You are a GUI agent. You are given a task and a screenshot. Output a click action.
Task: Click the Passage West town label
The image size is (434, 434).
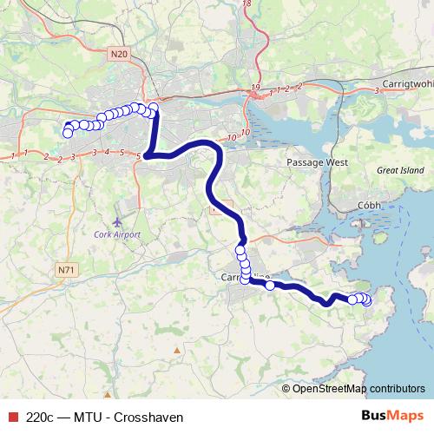pos(318,162)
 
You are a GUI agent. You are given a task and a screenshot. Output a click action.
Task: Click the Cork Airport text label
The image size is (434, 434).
pos(117,234)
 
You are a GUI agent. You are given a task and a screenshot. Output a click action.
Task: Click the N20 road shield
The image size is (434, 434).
pos(120,55)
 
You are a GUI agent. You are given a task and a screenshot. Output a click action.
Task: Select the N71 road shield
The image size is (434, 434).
pos(66,270)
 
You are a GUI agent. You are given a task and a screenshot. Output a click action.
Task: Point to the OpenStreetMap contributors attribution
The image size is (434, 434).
pos(358,389)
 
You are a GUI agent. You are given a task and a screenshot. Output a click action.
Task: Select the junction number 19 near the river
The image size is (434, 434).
pos(255,89)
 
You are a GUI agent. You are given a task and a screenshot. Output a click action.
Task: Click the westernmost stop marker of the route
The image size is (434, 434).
pos(68,133)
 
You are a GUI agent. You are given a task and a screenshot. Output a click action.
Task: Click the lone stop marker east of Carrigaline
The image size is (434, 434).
pos(270,285)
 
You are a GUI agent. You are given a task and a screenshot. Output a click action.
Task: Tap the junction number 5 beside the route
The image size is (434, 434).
pos(139,155)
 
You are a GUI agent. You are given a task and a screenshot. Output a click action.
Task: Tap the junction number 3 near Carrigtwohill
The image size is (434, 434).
pos(377,89)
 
